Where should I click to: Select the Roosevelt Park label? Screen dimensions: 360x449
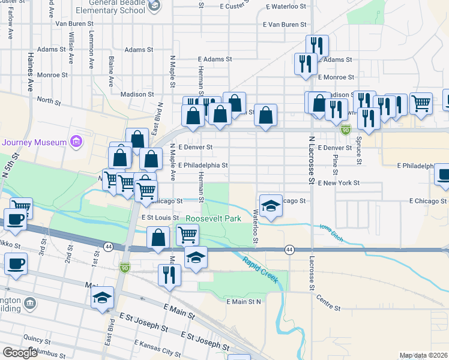213,218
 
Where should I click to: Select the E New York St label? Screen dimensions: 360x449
339,182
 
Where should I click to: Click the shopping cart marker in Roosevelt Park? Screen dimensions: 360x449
188,235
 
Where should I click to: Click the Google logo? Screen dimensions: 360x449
20,353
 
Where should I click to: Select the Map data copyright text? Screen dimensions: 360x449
424,355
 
